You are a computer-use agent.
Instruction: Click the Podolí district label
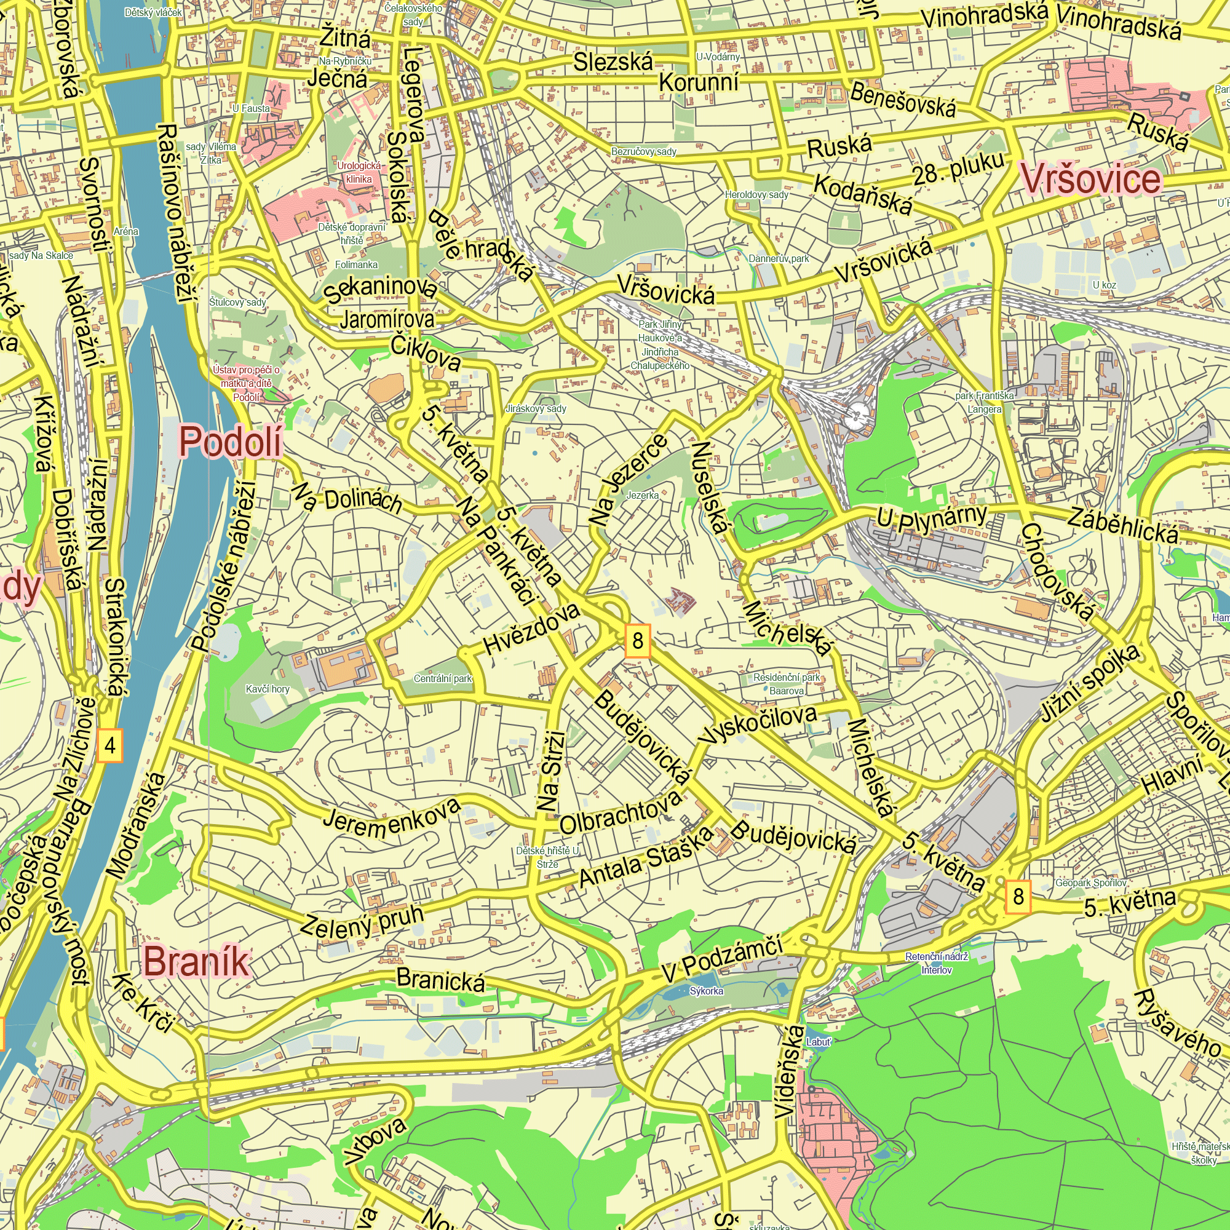231,442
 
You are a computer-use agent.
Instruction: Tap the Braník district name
196,961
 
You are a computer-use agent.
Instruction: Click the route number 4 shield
110,745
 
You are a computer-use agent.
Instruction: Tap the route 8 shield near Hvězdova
638,640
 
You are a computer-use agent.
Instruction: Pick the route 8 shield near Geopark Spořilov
1018,897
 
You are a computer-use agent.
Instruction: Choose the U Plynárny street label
933,514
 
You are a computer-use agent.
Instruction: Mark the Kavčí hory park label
268,689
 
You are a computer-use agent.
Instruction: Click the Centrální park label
442,679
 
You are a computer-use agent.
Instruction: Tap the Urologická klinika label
359,173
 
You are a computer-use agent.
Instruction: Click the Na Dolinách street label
347,499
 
